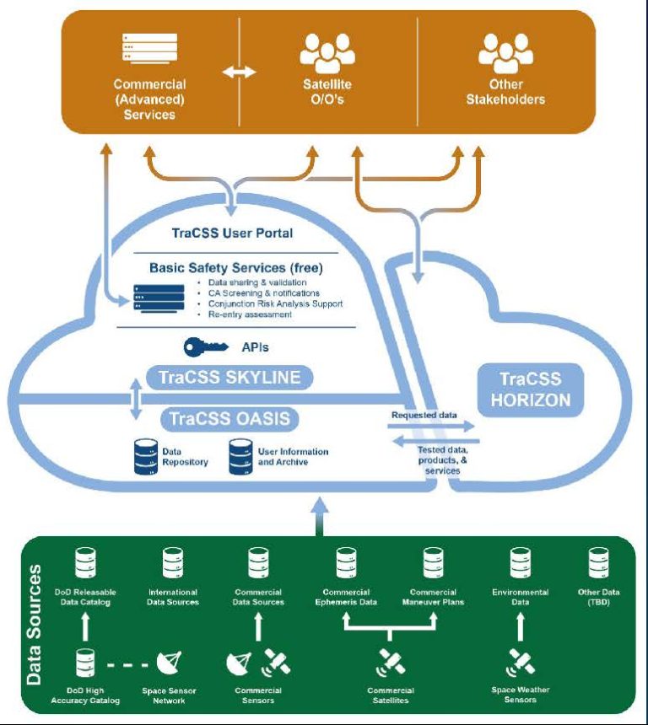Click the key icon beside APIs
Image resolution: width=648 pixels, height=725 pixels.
click(x=203, y=346)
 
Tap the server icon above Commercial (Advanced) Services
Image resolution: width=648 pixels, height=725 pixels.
click(x=148, y=52)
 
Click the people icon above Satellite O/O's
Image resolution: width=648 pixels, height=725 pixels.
click(x=327, y=52)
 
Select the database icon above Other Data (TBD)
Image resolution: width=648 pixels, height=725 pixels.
click(x=599, y=563)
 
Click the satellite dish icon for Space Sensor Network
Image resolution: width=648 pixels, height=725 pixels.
click(x=168, y=663)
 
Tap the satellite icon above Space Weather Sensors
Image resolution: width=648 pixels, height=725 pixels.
click(x=521, y=663)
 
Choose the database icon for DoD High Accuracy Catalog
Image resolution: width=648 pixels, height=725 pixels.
click(x=85, y=663)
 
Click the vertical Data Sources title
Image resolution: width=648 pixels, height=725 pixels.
click(x=34, y=624)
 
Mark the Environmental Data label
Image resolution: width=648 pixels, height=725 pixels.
click(x=520, y=597)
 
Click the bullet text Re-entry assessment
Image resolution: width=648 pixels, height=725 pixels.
click(x=251, y=314)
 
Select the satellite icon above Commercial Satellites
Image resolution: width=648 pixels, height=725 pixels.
click(x=390, y=663)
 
